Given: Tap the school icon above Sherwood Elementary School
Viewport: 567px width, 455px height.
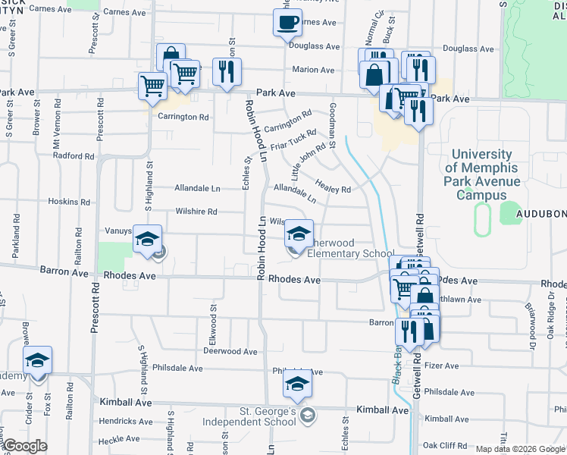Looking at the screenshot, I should coord(299,234).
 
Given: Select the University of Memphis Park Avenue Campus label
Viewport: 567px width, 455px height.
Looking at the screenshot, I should coord(481,175).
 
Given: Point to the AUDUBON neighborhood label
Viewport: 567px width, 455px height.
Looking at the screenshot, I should coord(541,215).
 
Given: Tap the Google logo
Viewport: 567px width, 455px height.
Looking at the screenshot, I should coord(24,446).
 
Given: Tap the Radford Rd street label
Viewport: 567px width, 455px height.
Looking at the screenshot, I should coord(74,155).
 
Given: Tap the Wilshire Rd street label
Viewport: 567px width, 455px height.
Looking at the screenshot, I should coord(196,212).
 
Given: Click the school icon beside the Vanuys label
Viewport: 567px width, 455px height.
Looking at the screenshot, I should coord(147,240).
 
